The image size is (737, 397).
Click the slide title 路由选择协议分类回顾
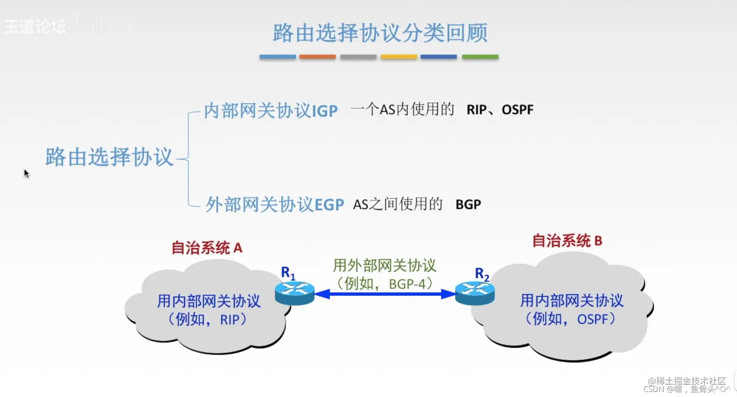click(x=380, y=33)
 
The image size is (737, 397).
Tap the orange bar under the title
click(x=317, y=57)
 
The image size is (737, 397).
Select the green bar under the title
click(x=480, y=57)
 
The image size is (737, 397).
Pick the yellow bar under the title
click(x=398, y=57)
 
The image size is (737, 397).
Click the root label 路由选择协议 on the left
click(x=109, y=157)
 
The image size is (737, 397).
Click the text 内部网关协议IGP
click(x=271, y=111)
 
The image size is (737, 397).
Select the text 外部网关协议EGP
click(x=274, y=204)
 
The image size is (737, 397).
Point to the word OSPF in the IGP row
click(x=517, y=110)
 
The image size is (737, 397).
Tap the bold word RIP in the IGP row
click(x=476, y=110)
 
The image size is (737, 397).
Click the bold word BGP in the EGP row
click(x=468, y=204)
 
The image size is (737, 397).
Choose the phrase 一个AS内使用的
click(x=402, y=109)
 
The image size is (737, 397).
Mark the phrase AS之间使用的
click(x=397, y=204)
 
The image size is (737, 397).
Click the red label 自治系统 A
click(x=207, y=248)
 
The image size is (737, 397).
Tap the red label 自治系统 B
click(x=567, y=240)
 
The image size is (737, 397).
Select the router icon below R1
click(x=294, y=293)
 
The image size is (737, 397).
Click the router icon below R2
click(x=475, y=293)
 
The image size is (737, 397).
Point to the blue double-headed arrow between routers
click(x=385, y=294)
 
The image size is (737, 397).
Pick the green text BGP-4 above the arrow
click(x=408, y=283)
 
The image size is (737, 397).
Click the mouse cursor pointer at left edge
click(x=26, y=174)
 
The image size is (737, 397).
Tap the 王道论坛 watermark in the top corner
click(x=35, y=26)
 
